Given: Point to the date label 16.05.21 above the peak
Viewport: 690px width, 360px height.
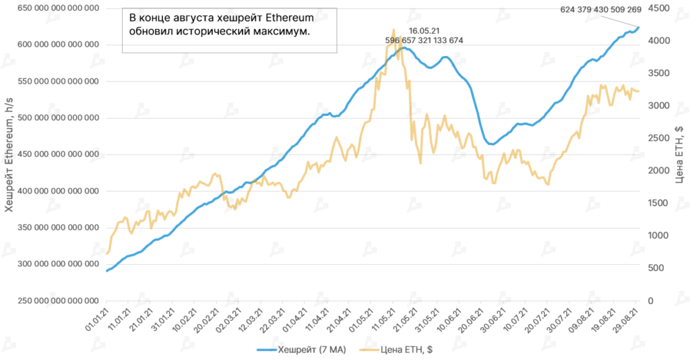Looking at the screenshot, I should click(x=425, y=30).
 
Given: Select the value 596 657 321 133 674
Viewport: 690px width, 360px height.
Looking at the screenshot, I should click(x=425, y=40).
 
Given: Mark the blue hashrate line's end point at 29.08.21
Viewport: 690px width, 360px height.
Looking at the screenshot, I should click(x=639, y=28).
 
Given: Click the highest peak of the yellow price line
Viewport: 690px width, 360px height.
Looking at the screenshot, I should click(x=394, y=30).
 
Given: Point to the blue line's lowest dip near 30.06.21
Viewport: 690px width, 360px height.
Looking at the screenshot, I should click(x=491, y=144).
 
